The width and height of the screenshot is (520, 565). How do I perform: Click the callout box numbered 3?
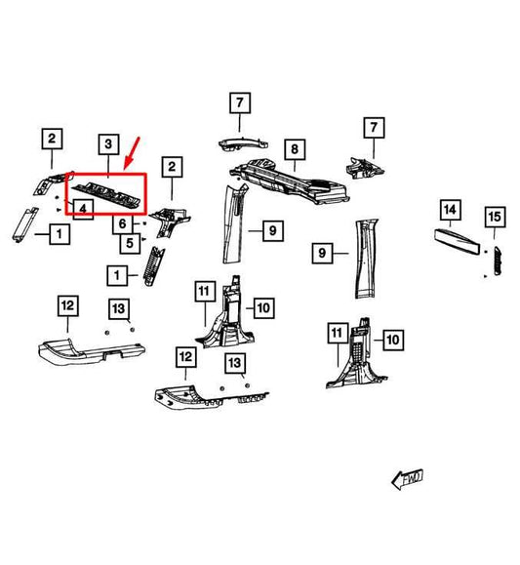pyautogui.click(x=108, y=144)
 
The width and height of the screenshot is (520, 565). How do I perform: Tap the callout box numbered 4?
pyautogui.click(x=83, y=209)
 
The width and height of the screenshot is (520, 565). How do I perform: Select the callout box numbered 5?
pyautogui.click(x=130, y=243)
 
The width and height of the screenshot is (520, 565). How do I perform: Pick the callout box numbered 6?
pyautogui.click(x=123, y=223)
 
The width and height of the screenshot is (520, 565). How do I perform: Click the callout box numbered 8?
pyautogui.click(x=295, y=149)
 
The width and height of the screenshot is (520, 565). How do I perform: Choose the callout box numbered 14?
pyautogui.click(x=451, y=210)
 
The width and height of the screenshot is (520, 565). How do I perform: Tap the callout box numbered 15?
pyautogui.click(x=495, y=217)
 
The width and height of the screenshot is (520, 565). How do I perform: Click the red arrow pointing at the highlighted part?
pyautogui.click(x=132, y=153)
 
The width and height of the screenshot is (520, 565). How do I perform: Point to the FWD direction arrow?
pyautogui.click(x=407, y=479)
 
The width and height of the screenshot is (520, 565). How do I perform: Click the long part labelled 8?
pyautogui.click(x=290, y=182)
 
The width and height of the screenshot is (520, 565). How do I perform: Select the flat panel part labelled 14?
pyautogui.click(x=457, y=241)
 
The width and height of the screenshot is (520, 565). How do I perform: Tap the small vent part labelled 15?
pyautogui.click(x=497, y=261)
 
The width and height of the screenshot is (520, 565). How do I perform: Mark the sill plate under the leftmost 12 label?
pyautogui.click(x=92, y=352)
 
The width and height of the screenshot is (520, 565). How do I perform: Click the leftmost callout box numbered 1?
pyautogui.click(x=60, y=234)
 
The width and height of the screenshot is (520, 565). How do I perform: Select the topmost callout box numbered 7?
pyautogui.click(x=240, y=103)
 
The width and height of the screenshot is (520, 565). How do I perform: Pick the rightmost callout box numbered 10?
pyautogui.click(x=393, y=340)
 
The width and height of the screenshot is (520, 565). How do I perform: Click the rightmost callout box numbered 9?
pyautogui.click(x=322, y=253)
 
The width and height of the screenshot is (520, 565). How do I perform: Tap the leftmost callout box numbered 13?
pyautogui.click(x=119, y=309)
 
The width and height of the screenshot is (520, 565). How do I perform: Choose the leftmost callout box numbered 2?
pyautogui.click(x=52, y=139)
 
